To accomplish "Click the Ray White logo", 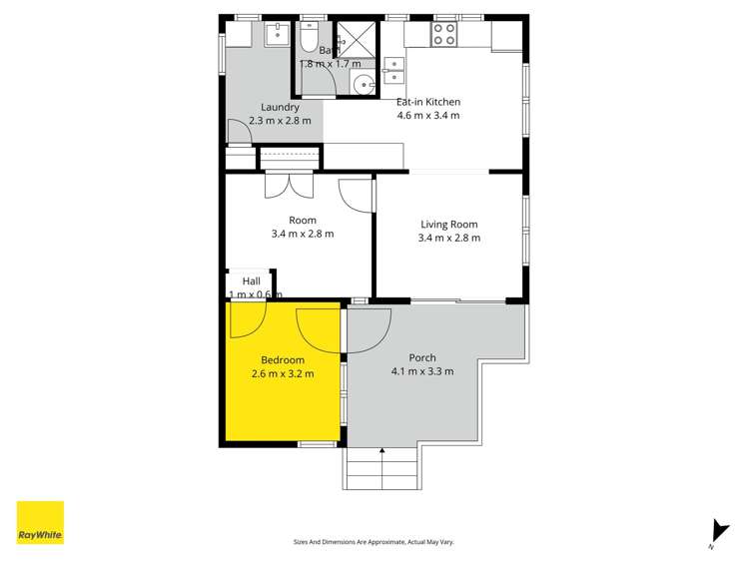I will pyautogui.click(x=40, y=522).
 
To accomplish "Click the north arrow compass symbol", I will pyautogui.click(x=715, y=532).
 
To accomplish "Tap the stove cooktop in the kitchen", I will pyautogui.click(x=443, y=35).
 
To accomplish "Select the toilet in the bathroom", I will pyautogui.click(x=308, y=39).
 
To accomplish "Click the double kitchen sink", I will pyautogui.click(x=394, y=69).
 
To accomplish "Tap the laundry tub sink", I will pyautogui.click(x=276, y=36).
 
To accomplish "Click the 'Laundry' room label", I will pyautogui.click(x=280, y=108).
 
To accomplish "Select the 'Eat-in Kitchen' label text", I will pyautogui.click(x=428, y=102).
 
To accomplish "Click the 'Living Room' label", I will pyautogui.click(x=448, y=225).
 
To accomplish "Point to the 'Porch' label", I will pyautogui.click(x=422, y=358).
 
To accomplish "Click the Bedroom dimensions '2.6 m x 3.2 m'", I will pyautogui.click(x=283, y=374).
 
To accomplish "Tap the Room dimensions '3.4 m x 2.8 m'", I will pyautogui.click(x=302, y=235).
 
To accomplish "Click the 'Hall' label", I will pyautogui.click(x=251, y=281).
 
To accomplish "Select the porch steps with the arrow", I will pyautogui.click(x=381, y=467).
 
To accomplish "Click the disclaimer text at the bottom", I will pyautogui.click(x=374, y=542).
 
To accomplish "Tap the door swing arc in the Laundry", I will pyautogui.click(x=238, y=132).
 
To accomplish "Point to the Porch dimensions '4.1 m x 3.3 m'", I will pyautogui.click(x=422, y=372).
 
